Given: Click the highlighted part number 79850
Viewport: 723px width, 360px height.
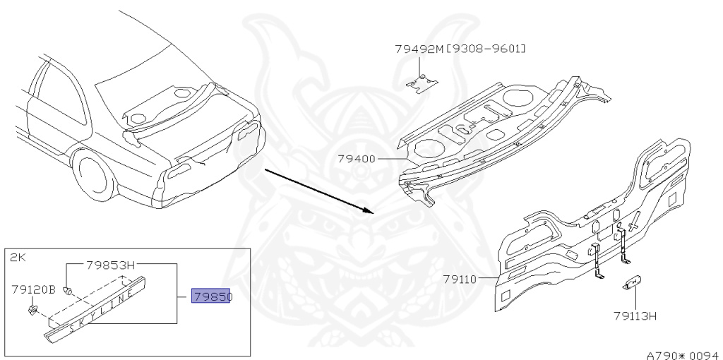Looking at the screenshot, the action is point(212,296).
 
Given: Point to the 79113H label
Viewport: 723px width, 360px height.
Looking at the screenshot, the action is point(635,316).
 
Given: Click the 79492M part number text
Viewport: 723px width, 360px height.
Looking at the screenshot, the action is point(422,49).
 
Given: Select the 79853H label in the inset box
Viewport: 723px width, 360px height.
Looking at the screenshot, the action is point(110,265).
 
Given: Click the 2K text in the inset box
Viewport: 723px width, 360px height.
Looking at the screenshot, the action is point(17,258).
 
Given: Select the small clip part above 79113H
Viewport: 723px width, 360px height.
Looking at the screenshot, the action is point(631,283).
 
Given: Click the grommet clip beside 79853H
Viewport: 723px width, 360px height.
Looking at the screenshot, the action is point(68,289).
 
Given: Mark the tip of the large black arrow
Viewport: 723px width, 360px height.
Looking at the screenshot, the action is point(371,210).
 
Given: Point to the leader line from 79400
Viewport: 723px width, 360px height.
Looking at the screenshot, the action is point(389,158).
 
